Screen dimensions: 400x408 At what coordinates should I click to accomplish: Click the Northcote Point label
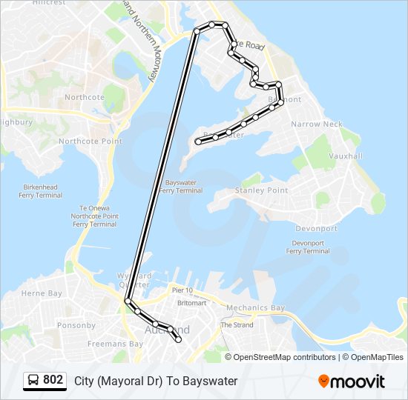91,141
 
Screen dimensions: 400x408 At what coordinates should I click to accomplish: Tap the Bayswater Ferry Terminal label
180,186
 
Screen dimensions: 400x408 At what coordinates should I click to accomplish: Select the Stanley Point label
261,190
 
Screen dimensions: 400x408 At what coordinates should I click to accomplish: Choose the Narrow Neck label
317,124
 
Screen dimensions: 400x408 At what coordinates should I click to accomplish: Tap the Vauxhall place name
345,156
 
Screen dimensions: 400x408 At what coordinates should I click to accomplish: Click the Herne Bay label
42,293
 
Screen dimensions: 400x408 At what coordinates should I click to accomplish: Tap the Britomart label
191,303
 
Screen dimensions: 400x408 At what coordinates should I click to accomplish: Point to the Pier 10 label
182,290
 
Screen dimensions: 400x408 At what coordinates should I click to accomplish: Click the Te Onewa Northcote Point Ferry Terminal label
94,216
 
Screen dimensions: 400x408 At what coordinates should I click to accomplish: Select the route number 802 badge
53,380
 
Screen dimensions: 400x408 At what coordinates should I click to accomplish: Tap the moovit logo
352,381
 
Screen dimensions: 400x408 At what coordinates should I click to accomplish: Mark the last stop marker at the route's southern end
178,339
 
